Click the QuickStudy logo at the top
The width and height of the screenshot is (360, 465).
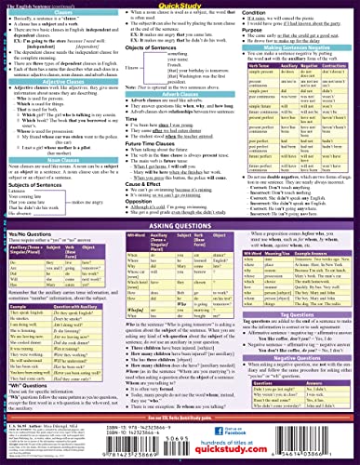coord(179,5)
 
